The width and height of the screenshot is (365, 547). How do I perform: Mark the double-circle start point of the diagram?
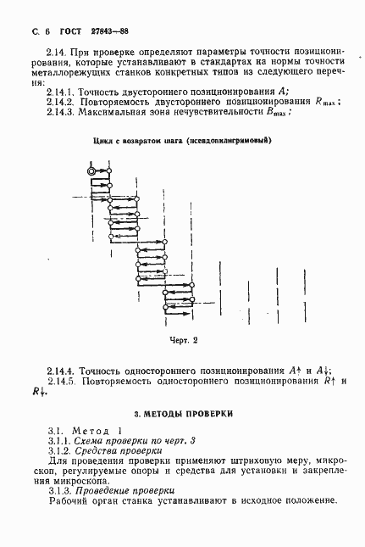click(91, 171)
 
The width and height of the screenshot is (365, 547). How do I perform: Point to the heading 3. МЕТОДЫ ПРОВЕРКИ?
click(183, 414)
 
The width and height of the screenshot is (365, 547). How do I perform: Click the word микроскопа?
click(62, 481)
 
